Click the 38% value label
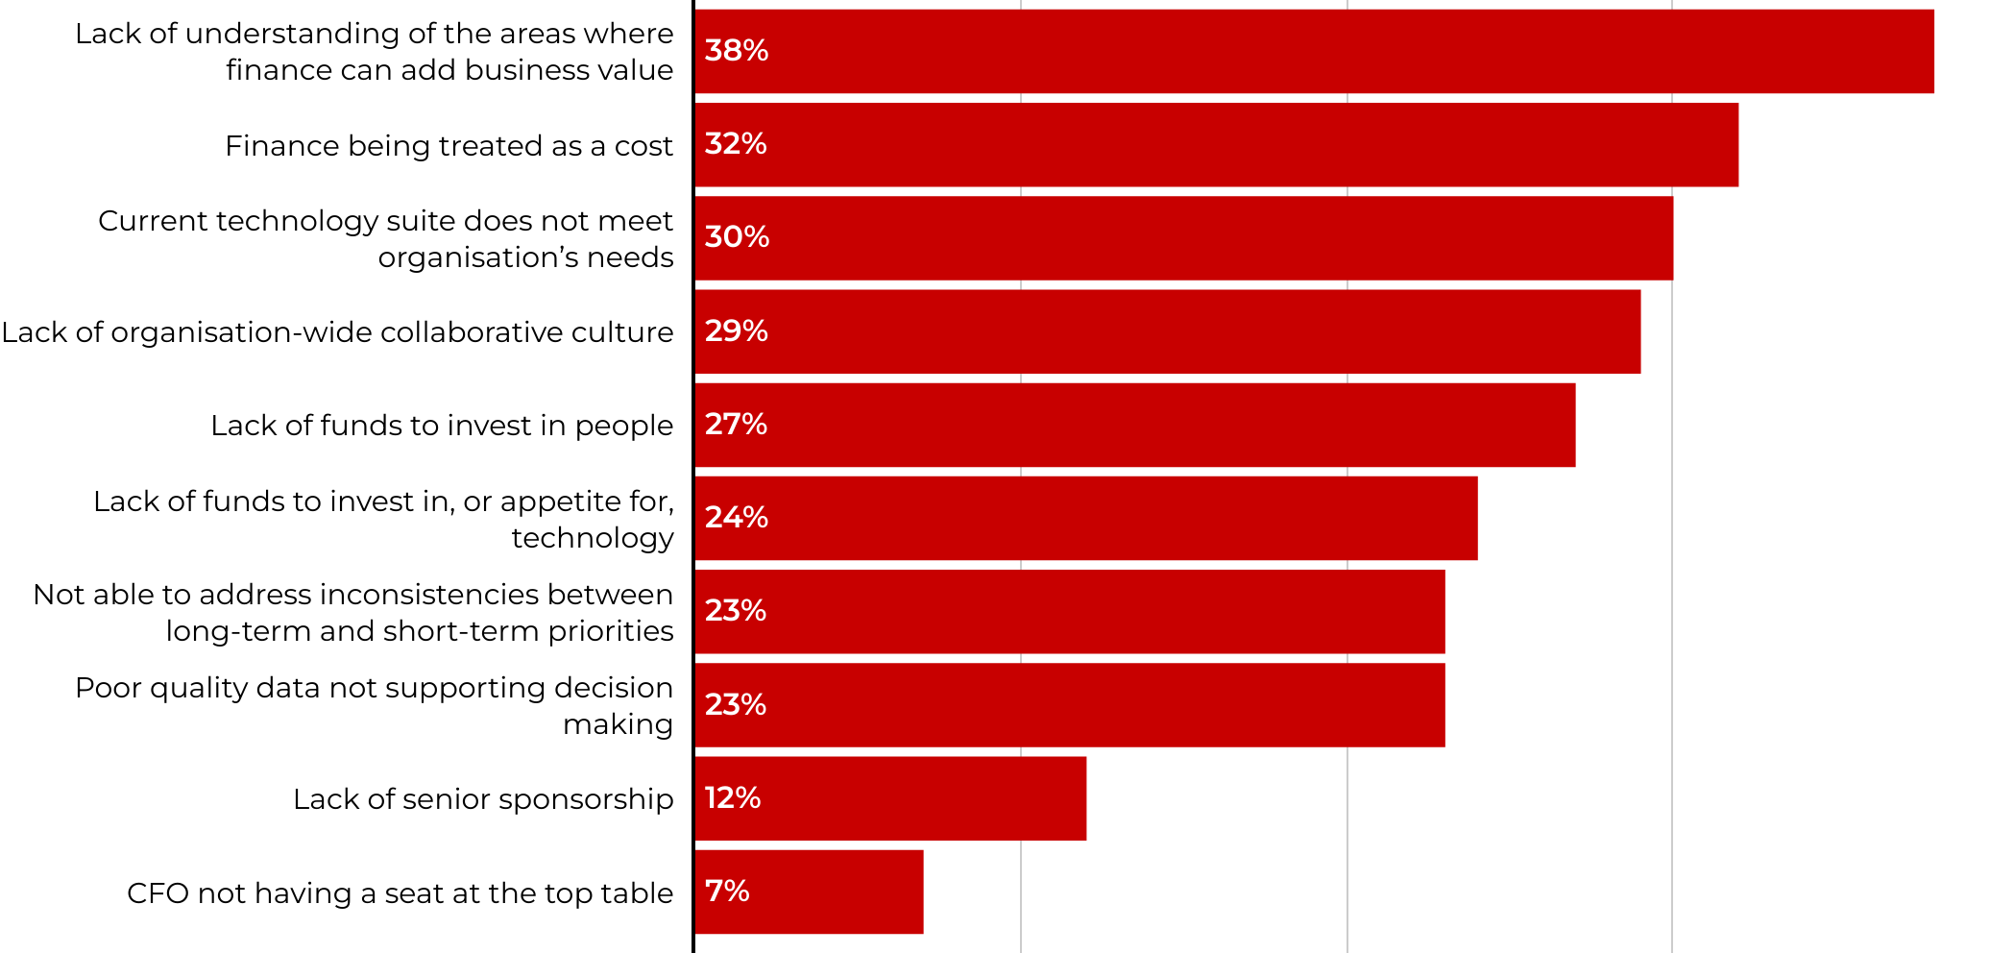pos(736,51)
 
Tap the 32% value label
pos(736,144)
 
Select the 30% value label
pos(737,237)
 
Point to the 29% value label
pos(736,330)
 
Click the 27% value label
pos(736,424)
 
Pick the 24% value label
pos(736,518)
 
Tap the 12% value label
pos(732,797)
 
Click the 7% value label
pos(726,891)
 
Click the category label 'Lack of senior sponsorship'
pos(483,799)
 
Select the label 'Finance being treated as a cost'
pos(449,146)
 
